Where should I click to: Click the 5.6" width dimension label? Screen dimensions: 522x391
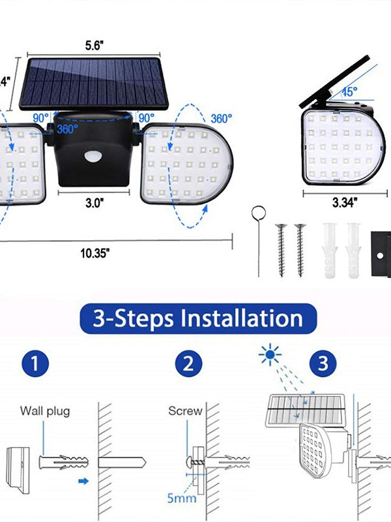(x=94, y=47)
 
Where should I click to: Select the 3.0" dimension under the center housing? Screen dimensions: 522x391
(x=94, y=202)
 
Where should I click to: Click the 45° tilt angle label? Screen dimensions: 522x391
(x=350, y=92)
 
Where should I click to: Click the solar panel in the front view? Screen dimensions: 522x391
(x=93, y=83)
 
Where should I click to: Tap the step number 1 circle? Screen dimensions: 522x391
(x=39, y=364)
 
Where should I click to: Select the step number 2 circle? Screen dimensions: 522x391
(x=188, y=364)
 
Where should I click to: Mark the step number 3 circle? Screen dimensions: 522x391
(x=323, y=364)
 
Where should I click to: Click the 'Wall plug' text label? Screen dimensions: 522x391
(x=44, y=411)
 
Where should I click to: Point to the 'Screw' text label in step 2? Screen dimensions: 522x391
(x=185, y=411)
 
